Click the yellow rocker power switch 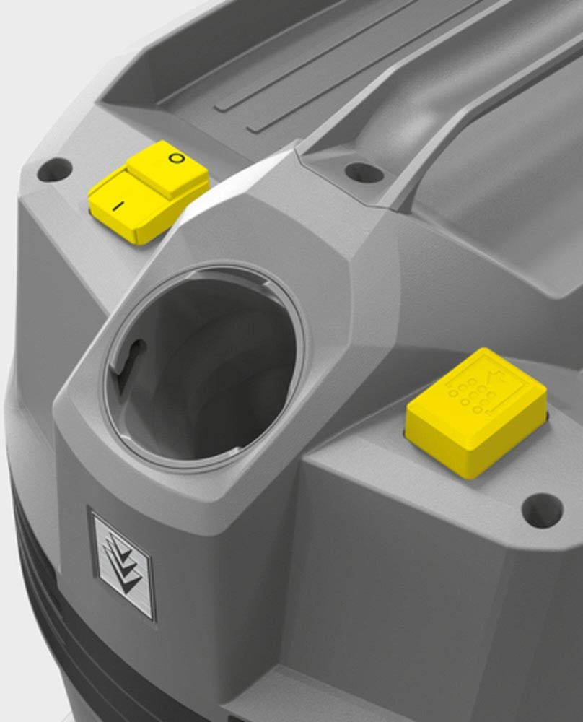148,191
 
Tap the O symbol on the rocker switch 176,158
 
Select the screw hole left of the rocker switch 55,169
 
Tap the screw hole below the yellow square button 542,510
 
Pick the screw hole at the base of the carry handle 364,173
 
